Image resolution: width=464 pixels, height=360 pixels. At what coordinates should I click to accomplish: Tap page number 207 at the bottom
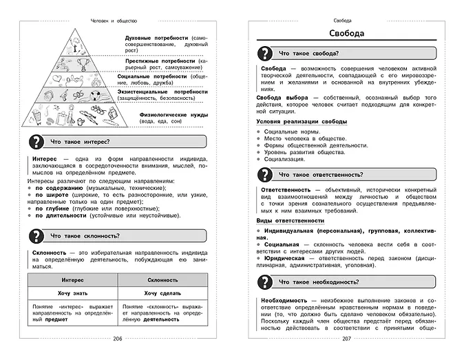click(346, 339)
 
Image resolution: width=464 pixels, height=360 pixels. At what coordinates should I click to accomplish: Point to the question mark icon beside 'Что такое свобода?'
click(264, 52)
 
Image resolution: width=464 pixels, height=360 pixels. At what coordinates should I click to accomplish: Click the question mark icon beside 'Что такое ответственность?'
click(264, 174)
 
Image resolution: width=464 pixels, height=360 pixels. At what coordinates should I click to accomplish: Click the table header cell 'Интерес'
click(72, 280)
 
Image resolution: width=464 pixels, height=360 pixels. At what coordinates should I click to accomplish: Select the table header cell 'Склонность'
click(162, 280)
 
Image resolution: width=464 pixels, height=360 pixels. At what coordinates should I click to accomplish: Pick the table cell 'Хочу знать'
click(72, 293)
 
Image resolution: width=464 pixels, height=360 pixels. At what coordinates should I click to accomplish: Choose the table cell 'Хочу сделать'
click(162, 293)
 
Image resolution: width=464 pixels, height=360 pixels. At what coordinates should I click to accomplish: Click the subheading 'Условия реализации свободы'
click(297, 121)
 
